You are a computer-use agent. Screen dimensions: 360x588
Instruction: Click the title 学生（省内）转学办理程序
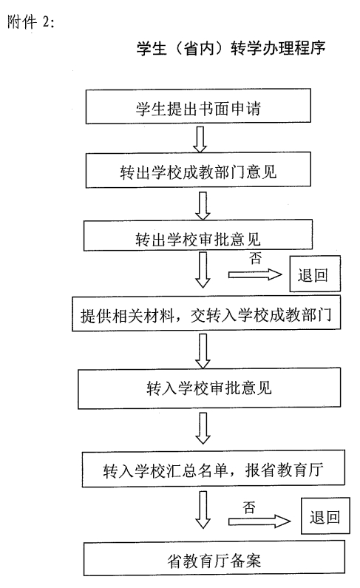click(x=231, y=48)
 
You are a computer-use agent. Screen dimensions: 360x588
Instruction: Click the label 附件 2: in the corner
click(x=31, y=22)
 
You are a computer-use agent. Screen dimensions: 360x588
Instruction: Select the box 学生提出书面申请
click(x=198, y=107)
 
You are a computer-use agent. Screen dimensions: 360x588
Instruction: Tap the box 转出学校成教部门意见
click(x=198, y=170)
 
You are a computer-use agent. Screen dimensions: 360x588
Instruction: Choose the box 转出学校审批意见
click(x=198, y=235)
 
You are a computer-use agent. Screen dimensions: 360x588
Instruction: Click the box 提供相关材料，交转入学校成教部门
click(x=206, y=314)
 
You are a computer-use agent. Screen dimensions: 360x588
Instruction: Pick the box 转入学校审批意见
click(x=209, y=388)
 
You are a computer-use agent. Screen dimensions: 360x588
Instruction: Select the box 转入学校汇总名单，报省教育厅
click(x=213, y=469)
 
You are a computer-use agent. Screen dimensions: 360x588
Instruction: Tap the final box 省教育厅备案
click(x=214, y=558)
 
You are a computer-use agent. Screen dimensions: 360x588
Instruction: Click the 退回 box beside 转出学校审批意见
click(x=315, y=274)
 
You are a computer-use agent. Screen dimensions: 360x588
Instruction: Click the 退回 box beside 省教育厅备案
click(x=325, y=516)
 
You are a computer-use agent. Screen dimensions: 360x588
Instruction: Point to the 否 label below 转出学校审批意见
click(x=256, y=258)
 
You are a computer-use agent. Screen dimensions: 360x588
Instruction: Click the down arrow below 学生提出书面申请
click(x=200, y=139)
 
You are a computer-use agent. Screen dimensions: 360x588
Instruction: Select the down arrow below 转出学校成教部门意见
click(x=203, y=206)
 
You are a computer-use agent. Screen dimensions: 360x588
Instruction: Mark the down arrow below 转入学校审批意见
click(x=203, y=428)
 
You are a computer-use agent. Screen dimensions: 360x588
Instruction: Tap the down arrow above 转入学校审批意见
click(x=203, y=351)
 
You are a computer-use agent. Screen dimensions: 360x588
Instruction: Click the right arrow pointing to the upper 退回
click(x=255, y=275)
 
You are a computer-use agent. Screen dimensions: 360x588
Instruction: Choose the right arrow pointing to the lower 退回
click(x=259, y=521)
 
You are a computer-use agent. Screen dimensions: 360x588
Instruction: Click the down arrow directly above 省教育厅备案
click(x=203, y=510)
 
